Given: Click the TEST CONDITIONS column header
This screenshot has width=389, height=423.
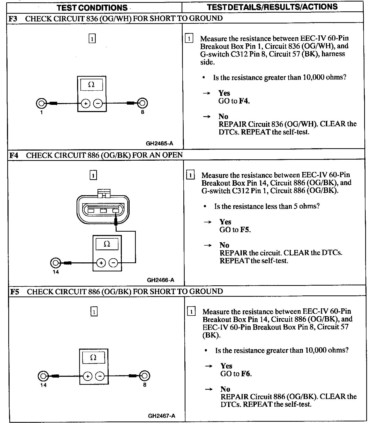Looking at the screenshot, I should point(92,7).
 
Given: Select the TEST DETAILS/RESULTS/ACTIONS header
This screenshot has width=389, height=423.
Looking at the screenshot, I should point(272,7).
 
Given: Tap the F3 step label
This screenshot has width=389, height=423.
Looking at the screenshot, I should point(13,19).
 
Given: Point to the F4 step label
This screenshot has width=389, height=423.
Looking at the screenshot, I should point(14,155).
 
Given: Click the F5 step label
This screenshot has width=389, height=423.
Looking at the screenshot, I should point(14,292).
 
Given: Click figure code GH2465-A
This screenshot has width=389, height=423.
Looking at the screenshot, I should point(159,144).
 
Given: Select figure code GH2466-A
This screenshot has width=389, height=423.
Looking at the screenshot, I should point(160,280).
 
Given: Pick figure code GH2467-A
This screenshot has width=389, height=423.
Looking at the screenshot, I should point(161,416).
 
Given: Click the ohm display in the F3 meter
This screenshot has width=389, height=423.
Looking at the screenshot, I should point(92,85).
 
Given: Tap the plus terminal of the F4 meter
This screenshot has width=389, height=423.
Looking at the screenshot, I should point(101,263).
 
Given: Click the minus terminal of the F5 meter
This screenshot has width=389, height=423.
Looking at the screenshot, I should point(100,376).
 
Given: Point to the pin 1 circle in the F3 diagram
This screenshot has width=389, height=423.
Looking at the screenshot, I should point(41,104).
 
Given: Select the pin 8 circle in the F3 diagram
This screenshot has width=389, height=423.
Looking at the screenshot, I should point(142,103).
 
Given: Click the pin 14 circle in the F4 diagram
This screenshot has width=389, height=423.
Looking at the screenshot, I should point(55,263).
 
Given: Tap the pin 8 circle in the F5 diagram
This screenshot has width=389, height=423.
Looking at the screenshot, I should point(145,376).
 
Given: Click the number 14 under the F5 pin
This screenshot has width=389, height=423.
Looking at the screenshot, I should point(43,385).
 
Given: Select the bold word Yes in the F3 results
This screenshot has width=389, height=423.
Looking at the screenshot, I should point(224,93).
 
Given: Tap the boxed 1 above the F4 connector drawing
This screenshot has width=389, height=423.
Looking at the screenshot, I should point(93,176).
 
